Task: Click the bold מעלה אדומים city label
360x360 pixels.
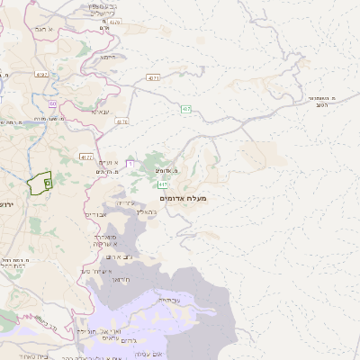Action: click(x=183, y=197)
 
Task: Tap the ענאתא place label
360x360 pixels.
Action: click(x=100, y=112)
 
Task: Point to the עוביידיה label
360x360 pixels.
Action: click(x=169, y=298)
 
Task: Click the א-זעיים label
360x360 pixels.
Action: click(x=108, y=161)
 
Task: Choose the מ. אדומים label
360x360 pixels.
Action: click(x=162, y=170)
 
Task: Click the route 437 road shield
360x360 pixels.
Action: click(x=185, y=109)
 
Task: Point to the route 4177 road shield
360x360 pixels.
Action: click(x=86, y=157)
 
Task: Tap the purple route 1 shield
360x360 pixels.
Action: click(x=130, y=164)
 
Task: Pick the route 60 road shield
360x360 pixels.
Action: click(x=53, y=103)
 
